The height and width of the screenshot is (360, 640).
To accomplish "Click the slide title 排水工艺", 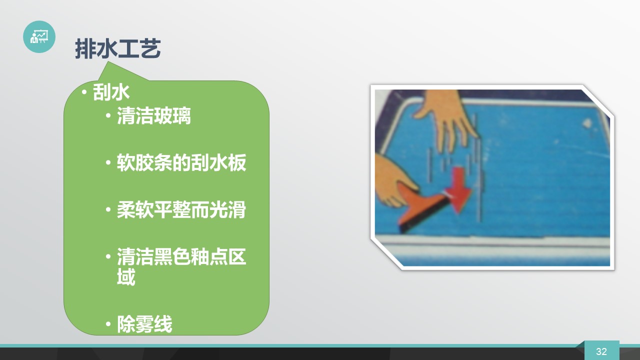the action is click(x=117, y=48).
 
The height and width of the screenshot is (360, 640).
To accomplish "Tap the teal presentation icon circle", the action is click(x=39, y=36).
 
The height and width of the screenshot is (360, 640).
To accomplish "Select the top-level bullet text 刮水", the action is click(x=111, y=92).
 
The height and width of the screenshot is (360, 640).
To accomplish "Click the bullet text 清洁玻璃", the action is click(x=153, y=115).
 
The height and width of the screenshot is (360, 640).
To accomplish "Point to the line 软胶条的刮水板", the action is click(x=181, y=162).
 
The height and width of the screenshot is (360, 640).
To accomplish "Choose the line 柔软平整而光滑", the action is click(x=181, y=209).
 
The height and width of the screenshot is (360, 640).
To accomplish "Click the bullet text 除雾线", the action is click(x=144, y=324).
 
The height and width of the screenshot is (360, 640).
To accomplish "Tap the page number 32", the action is click(x=601, y=351).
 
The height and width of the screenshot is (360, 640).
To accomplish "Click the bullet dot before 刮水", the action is click(x=84, y=92).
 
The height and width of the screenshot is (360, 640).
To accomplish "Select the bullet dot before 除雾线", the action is click(x=108, y=324).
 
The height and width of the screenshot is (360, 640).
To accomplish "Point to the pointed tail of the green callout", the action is click(x=108, y=62).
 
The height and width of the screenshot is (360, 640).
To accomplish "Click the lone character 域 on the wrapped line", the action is click(x=126, y=276).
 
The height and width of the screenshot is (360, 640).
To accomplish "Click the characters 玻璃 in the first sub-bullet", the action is click(x=172, y=115).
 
